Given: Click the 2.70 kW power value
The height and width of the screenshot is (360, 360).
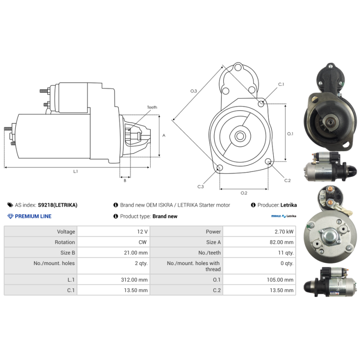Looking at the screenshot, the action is tap(284, 232).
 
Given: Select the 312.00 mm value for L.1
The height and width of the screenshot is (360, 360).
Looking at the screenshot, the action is tap(134, 279).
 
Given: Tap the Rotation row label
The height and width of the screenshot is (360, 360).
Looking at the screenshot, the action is tap(65, 242).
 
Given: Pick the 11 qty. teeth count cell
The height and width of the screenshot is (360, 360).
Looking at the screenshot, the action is tap(286, 253).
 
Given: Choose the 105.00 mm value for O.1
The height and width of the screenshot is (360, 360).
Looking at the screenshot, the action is tap(280, 279).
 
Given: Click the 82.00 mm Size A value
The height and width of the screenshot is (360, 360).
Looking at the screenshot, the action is tap(282, 242).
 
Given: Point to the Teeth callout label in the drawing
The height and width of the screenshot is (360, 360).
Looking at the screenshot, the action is tap(152, 107).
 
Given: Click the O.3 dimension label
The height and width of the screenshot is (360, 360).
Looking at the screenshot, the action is tap(193, 91).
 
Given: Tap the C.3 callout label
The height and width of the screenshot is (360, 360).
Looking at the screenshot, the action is tap(201, 187).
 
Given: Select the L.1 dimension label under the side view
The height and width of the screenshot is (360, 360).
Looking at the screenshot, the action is tap(76, 171).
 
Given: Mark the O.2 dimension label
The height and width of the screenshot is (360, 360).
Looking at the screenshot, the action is tap(244, 193).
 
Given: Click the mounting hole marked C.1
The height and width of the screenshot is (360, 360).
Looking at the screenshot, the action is tap(261, 104).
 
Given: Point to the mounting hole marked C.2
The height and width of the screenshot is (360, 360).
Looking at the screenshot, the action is tap(268, 162).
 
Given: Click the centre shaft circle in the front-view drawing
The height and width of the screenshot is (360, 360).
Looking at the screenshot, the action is tap(240, 136).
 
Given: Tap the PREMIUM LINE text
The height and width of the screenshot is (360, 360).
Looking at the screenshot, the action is tap(33, 216).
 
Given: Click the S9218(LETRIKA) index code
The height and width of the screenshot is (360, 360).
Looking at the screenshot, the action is tap(58, 205).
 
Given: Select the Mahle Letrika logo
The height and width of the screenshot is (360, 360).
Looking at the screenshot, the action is tap(283, 216).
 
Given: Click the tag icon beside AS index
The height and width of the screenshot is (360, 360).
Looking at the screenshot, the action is tap(10, 205).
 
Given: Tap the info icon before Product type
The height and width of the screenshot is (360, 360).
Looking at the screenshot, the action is tap(116, 216).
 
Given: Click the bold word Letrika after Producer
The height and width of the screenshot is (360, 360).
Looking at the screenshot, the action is tap(288, 205).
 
